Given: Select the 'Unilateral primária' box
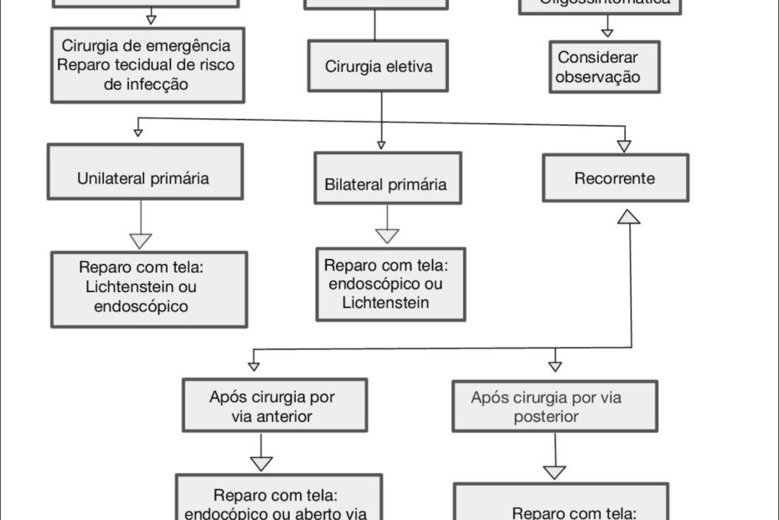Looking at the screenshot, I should click(145, 178).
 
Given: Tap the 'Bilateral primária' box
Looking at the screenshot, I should click(387, 183).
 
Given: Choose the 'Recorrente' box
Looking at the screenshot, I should click(615, 178).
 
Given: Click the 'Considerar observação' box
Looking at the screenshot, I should click(604, 67).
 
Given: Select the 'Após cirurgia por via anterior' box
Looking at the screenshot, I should click(274, 405).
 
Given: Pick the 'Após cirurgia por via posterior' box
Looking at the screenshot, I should click(554, 407).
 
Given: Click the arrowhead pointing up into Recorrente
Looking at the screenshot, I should click(628, 216).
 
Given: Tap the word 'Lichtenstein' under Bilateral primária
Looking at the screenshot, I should click(385, 302).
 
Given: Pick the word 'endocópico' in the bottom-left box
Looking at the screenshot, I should click(221, 513).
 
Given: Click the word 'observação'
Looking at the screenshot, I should click(599, 77).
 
